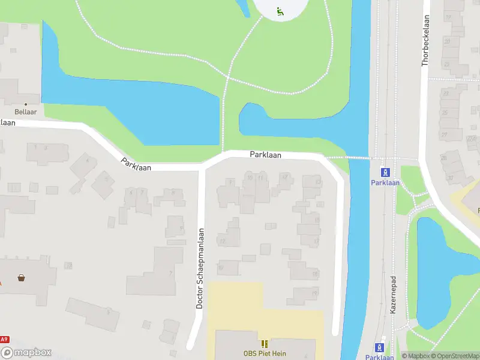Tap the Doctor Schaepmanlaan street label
point(200,268)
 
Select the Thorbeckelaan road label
point(425,49)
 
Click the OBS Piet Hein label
point(265,353)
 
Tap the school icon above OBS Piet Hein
point(265,344)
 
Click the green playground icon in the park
point(280,11)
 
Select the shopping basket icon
point(22,278)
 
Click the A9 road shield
point(5,340)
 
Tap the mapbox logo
point(26,353)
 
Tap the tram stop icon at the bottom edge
point(379,347)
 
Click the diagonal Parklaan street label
point(136,164)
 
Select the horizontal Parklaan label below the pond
point(265,155)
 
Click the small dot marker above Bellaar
point(25,104)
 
